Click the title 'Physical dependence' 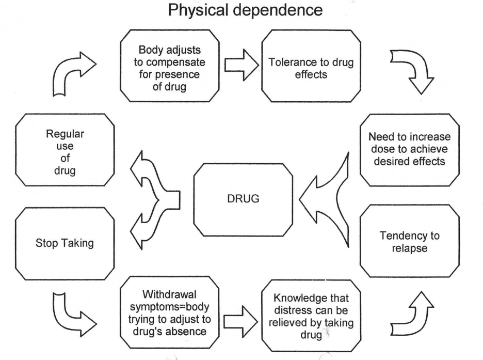point(245,10)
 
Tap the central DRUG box point(243,200)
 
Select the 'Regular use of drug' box point(65,150)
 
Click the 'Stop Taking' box point(65,243)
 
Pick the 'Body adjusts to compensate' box point(169,66)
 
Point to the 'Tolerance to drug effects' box point(311,66)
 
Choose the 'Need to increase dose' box point(410,150)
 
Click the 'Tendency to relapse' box point(410,241)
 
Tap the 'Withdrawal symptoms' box point(169,312)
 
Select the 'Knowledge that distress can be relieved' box point(311,316)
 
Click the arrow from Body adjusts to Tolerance point(242,65)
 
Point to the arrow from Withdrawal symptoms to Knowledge point(240,322)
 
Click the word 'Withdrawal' point(169,294)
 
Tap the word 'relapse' point(410,248)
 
